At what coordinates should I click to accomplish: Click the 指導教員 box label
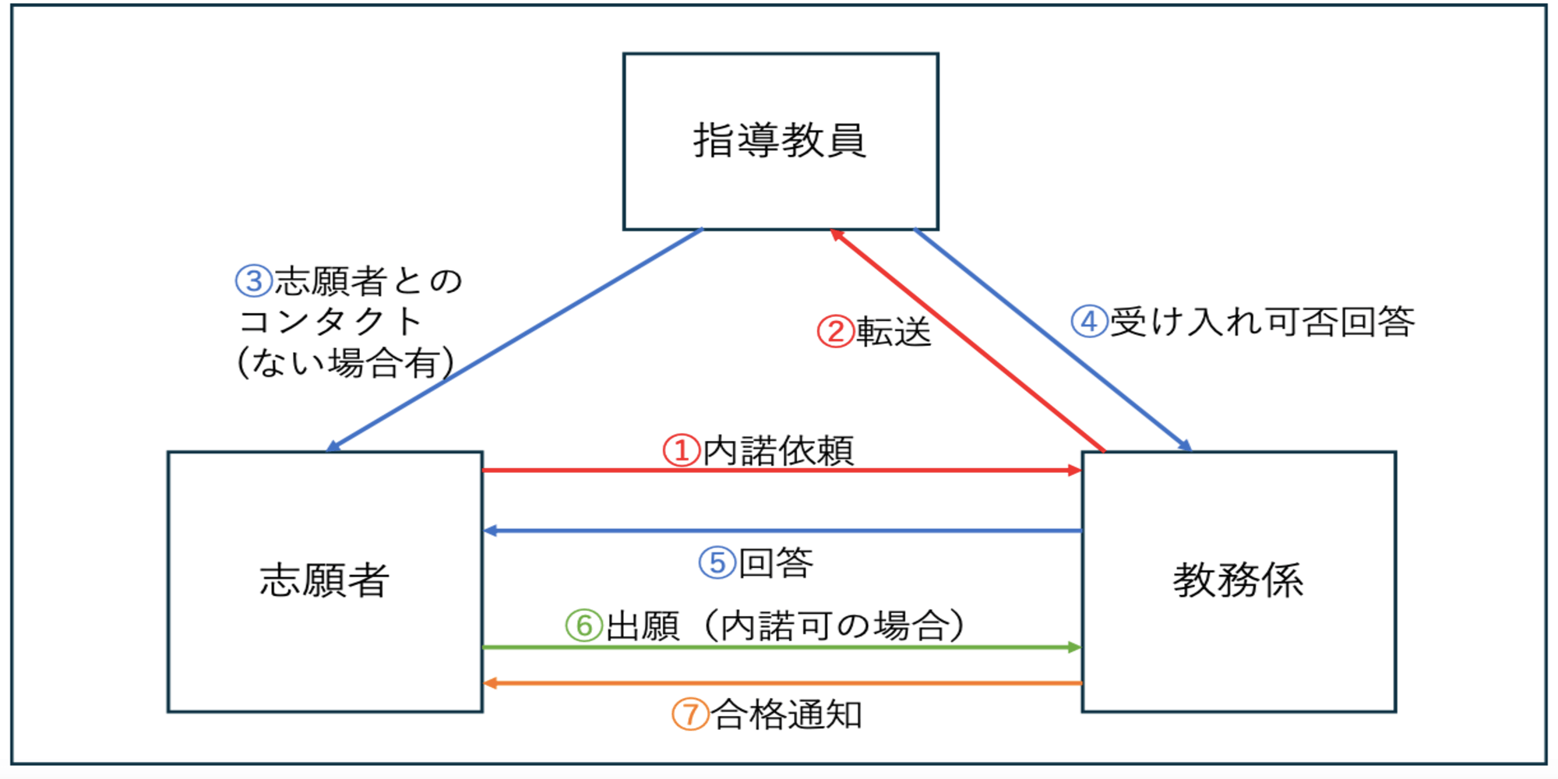(780, 141)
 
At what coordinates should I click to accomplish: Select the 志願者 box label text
(324, 580)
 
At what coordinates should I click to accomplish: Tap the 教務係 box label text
(1238, 580)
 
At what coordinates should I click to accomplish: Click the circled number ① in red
(681, 450)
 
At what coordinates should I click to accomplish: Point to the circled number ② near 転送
(835, 332)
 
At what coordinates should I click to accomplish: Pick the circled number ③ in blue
(254, 281)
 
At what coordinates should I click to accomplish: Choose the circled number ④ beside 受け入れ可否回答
(1089, 321)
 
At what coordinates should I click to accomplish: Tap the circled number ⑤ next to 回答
(717, 562)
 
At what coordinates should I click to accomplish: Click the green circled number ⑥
(584, 626)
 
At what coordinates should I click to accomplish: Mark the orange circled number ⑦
(690, 714)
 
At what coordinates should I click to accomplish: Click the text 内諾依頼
(778, 451)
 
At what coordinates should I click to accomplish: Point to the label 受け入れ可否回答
(1262, 322)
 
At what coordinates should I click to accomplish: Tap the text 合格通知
(787, 714)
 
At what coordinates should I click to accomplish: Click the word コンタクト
(330, 322)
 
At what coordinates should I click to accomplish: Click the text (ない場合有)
(345, 363)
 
